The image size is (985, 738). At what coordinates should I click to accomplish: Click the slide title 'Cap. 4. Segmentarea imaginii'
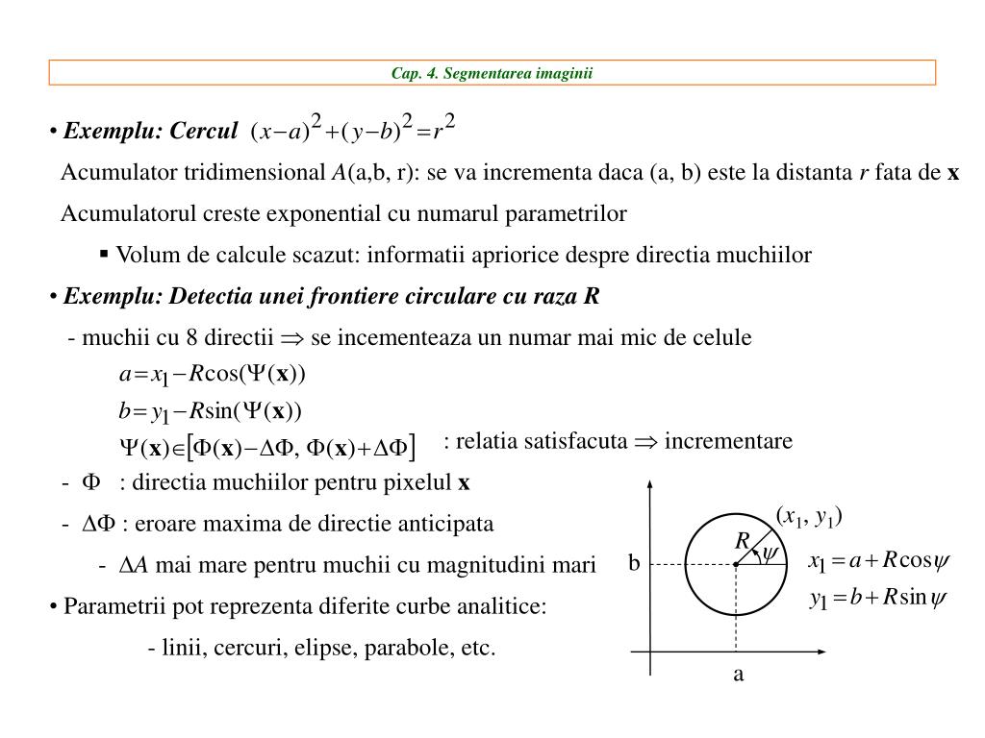click(x=492, y=73)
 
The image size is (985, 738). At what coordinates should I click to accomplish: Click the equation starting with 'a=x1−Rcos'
click(x=212, y=374)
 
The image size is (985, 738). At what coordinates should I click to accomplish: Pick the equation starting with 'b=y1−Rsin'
click(x=210, y=412)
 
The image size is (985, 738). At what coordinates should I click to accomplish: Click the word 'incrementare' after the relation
click(x=728, y=441)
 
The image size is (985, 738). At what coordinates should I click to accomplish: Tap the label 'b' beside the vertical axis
click(x=634, y=563)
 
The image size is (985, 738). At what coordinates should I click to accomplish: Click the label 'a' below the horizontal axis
click(x=739, y=675)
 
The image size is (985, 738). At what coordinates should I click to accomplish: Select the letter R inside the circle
click(x=742, y=542)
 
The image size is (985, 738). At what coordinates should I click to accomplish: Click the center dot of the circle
click(x=736, y=564)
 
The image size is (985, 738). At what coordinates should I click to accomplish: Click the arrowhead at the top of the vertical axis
click(x=652, y=480)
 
